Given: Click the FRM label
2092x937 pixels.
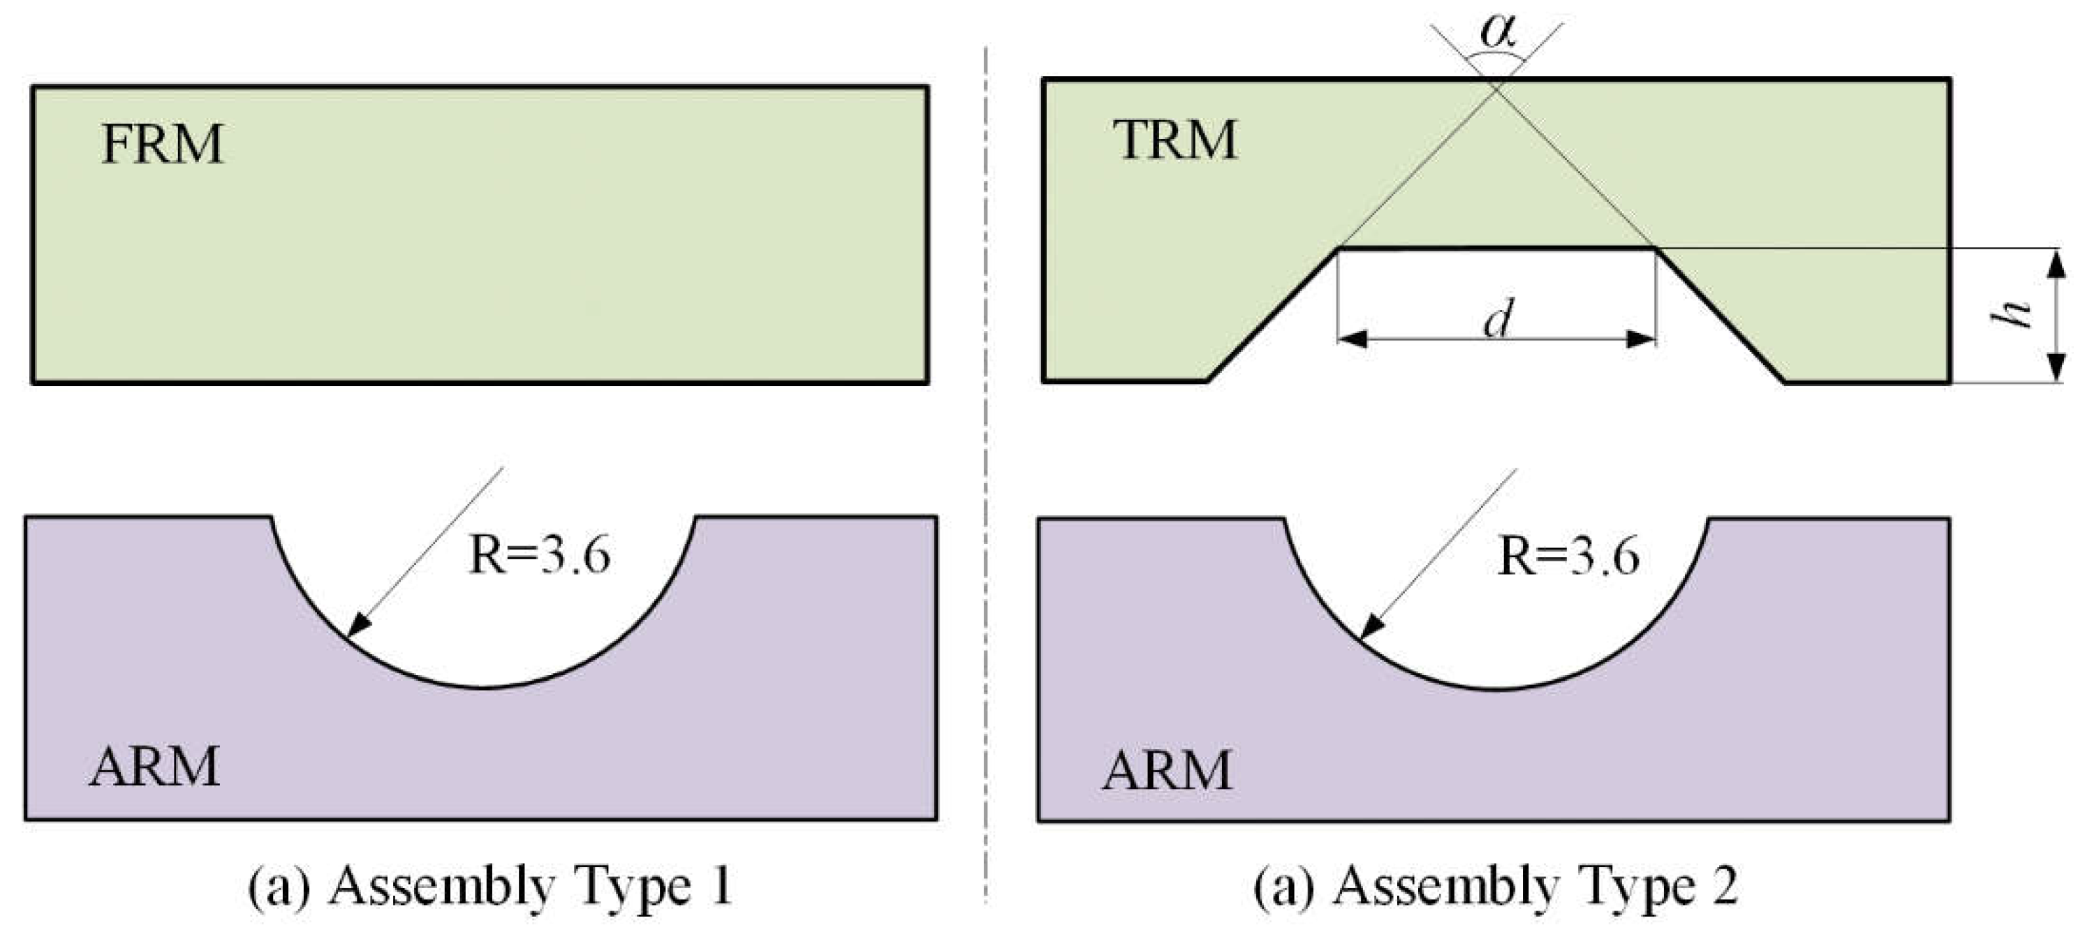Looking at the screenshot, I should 163,145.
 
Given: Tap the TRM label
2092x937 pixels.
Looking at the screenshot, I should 1175,140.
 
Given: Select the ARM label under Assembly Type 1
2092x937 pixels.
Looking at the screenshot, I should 154,766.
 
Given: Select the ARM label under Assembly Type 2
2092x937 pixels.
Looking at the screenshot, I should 1167,769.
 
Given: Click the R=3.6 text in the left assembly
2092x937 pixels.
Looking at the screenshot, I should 539,556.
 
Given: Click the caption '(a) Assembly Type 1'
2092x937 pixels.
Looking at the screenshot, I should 490,886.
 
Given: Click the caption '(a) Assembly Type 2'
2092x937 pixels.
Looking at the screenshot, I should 1495,886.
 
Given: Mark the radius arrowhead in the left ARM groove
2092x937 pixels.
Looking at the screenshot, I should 358,624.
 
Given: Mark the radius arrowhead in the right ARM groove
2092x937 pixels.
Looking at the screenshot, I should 1371,626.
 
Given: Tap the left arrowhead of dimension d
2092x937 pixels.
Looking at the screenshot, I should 1352,339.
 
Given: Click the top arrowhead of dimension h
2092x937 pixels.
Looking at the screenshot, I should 2056,263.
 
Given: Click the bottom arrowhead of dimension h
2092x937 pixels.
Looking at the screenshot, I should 2056,367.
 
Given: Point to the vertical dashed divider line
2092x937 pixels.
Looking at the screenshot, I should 986,471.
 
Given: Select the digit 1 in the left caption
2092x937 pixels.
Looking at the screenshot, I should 721,886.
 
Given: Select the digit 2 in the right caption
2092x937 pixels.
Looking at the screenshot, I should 1725,886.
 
